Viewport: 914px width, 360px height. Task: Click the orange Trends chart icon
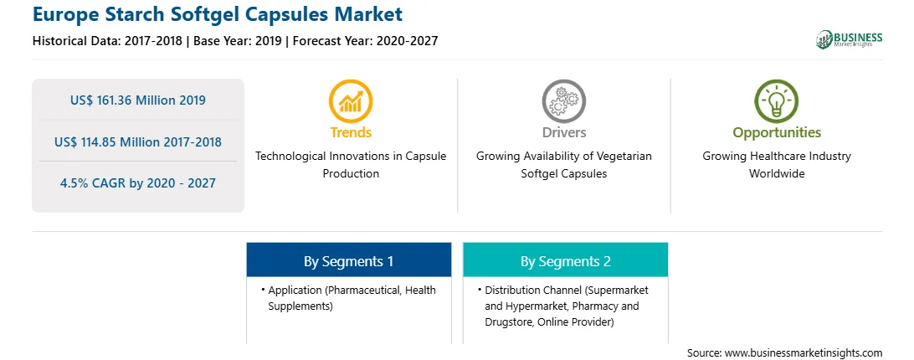[351, 101]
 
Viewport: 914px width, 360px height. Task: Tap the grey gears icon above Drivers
[563, 101]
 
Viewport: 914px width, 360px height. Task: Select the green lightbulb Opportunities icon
[777, 101]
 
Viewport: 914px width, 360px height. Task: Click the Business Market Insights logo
[850, 39]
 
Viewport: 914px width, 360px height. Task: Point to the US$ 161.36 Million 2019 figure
[137, 100]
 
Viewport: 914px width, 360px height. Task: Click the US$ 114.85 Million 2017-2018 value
[137, 141]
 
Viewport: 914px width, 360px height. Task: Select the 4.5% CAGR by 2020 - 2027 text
[137, 183]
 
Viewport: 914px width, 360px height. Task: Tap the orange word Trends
[351, 132]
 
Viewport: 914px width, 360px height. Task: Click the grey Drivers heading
[563, 132]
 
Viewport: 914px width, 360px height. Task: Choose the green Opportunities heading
[777, 133]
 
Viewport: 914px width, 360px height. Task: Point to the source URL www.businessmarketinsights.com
[804, 353]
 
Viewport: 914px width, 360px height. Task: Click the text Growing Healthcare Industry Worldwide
[777, 165]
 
